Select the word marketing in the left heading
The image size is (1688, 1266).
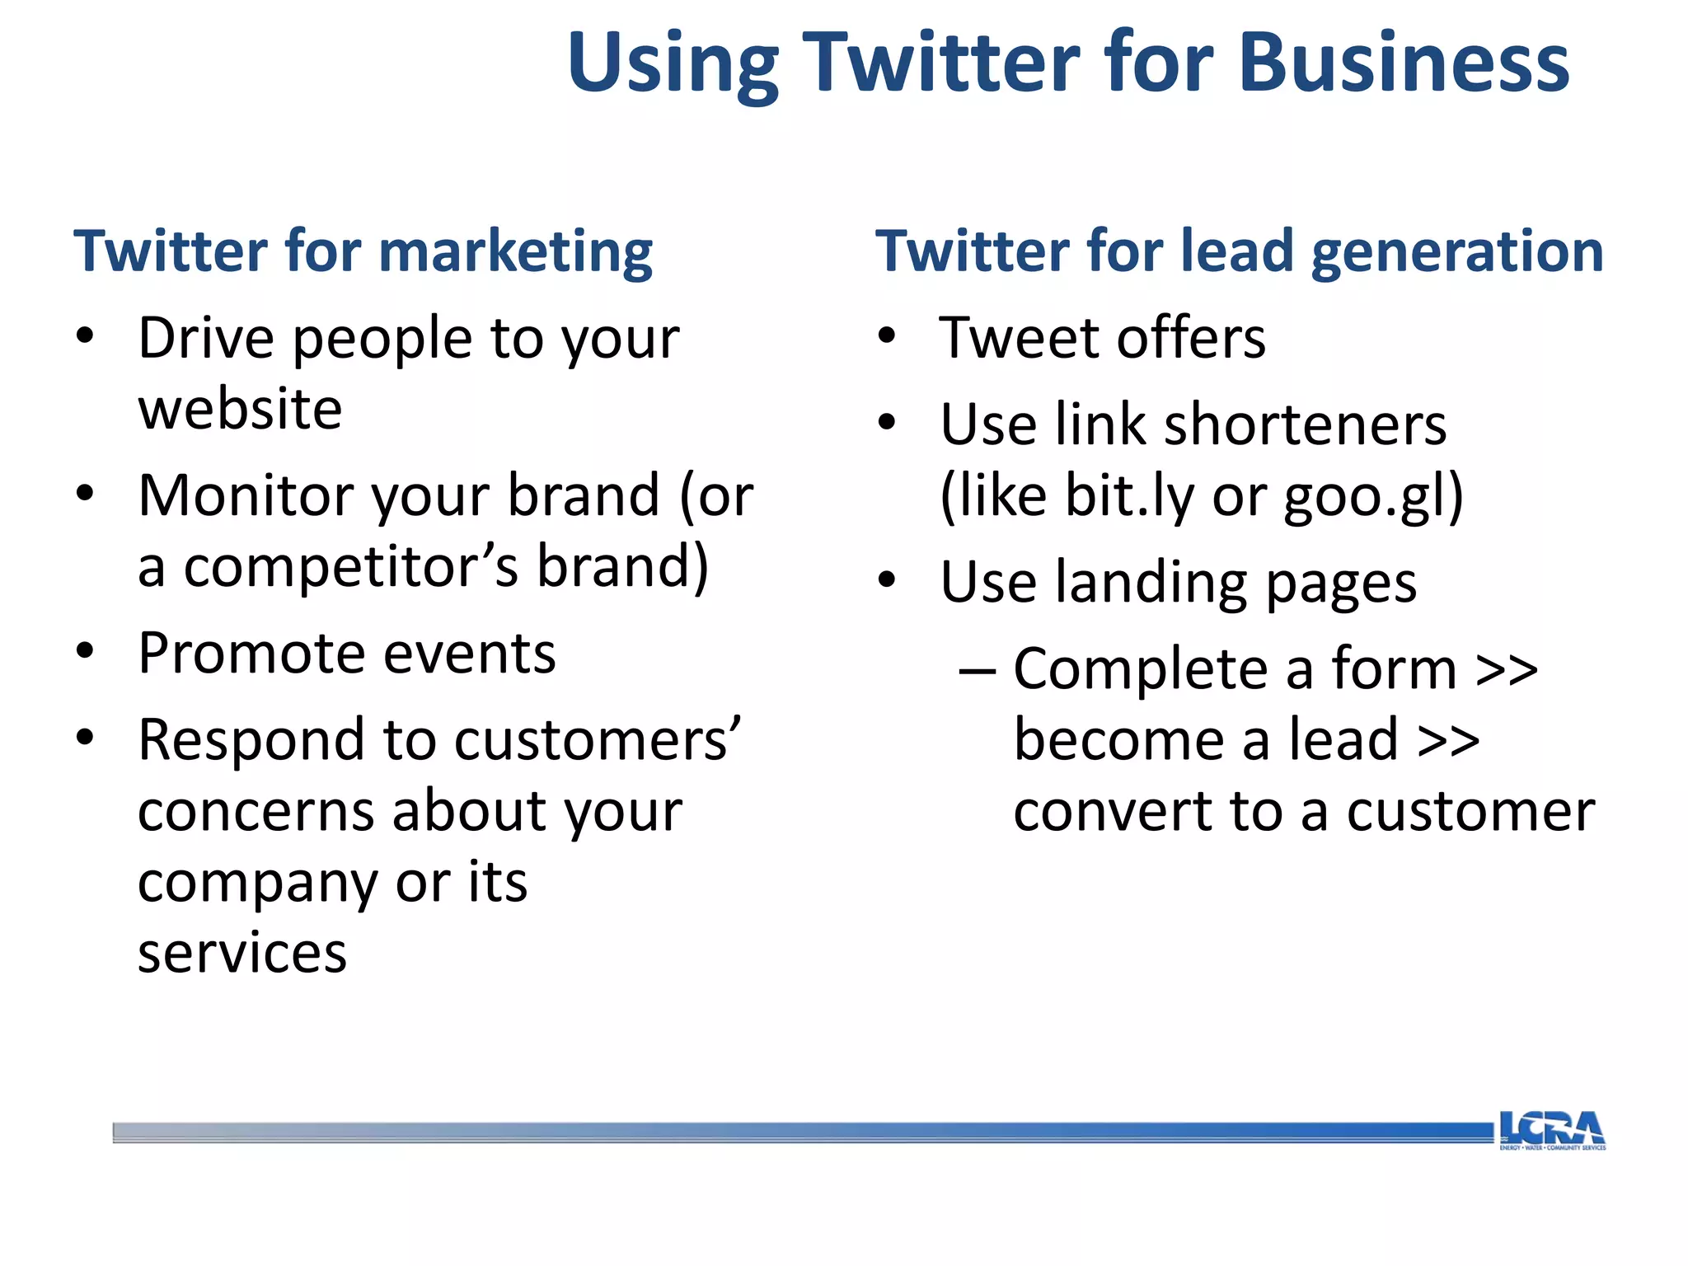click(516, 252)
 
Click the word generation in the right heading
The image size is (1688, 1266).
click(1457, 252)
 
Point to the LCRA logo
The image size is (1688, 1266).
click(1551, 1130)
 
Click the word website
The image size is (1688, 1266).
click(240, 409)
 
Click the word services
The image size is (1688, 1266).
click(242, 954)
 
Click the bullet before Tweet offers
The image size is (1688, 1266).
click(887, 336)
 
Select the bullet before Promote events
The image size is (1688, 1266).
click(85, 651)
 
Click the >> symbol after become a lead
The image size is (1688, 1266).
click(1448, 740)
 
